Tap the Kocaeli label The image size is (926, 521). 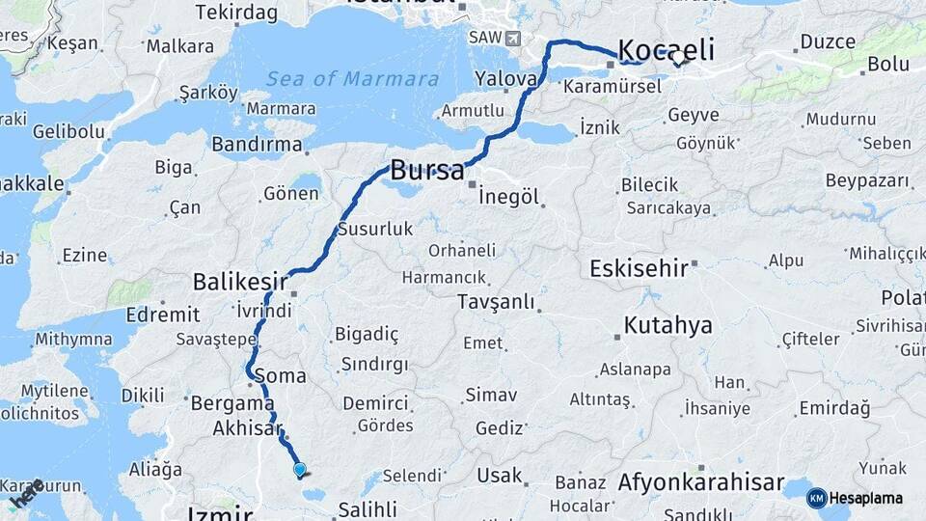click(666, 49)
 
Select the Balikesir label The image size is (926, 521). click(240, 282)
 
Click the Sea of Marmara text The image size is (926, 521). click(353, 79)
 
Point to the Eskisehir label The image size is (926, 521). click(638, 267)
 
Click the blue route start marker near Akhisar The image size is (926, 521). click(300, 470)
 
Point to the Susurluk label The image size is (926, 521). click(375, 230)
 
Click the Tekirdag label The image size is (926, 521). click(236, 13)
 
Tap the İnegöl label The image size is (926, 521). click(508, 196)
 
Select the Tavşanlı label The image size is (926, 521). click(496, 302)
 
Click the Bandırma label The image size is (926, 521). click(257, 144)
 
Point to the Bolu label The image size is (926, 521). click(888, 64)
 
